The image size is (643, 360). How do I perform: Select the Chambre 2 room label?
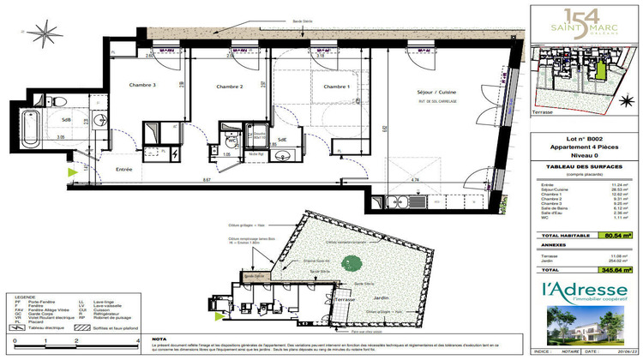tap(230, 87)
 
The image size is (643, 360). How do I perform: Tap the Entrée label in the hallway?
tap(124, 170)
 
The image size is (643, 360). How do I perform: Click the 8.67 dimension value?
tap(207, 180)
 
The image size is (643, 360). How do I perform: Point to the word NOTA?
tap(159, 339)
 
